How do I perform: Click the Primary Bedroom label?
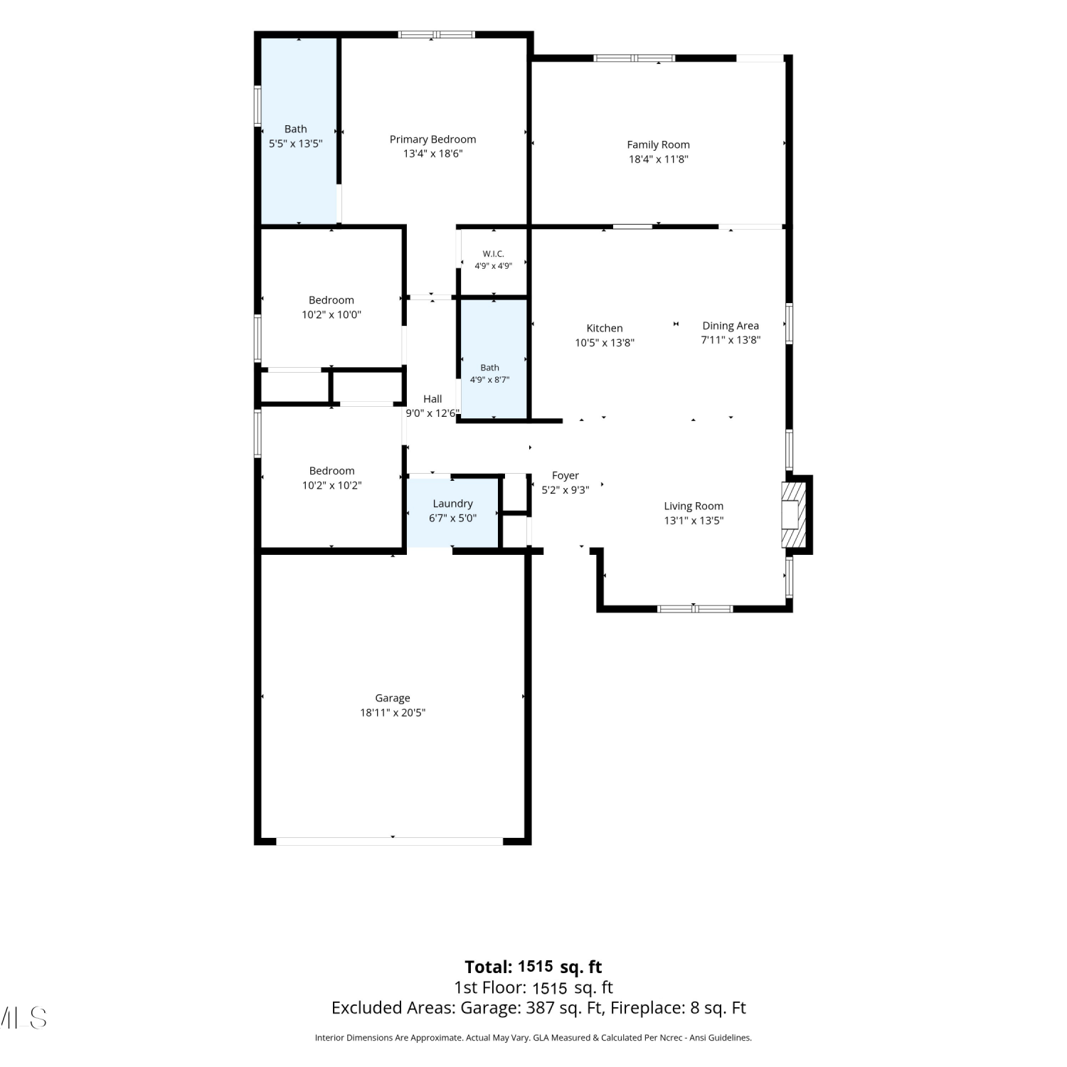(x=432, y=139)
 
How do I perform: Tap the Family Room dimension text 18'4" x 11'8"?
(x=658, y=159)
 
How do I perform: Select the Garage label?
(x=393, y=699)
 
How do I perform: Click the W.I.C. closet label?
(x=493, y=254)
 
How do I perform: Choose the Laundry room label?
(x=452, y=504)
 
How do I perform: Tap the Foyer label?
(x=566, y=476)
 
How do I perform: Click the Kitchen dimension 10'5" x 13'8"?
(x=605, y=343)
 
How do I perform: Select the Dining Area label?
(x=731, y=326)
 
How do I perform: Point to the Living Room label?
(x=694, y=506)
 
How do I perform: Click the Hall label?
(x=432, y=399)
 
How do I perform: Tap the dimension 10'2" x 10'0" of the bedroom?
(x=331, y=314)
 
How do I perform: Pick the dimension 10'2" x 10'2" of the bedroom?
(x=331, y=485)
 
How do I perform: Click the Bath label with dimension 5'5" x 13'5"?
(x=296, y=129)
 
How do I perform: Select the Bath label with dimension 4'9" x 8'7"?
(x=489, y=368)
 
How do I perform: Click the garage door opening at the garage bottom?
(x=390, y=842)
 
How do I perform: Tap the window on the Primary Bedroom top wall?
(x=436, y=34)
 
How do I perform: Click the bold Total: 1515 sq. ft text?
(x=533, y=967)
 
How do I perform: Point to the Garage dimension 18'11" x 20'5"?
(x=393, y=713)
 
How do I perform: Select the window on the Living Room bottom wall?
(x=695, y=609)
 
